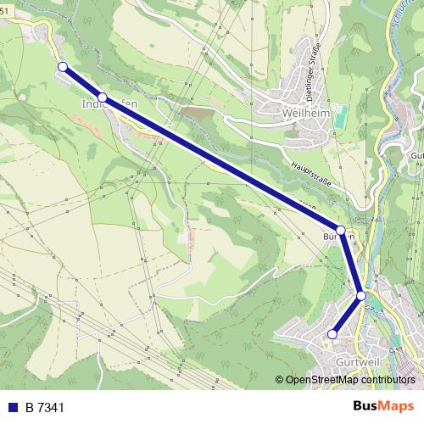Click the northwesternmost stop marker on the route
coord(62,66)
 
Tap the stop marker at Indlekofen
coord(102,98)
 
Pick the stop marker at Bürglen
coord(341,230)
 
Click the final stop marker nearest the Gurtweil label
coord(332,335)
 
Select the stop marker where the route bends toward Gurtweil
coord(361,295)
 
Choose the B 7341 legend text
coord(45,408)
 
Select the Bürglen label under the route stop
coord(338,237)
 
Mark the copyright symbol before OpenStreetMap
coord(280,381)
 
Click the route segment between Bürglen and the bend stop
coord(351,263)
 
